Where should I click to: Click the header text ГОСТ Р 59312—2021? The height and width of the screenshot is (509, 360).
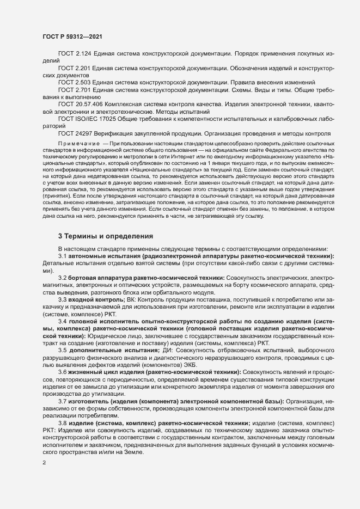coord(71,36)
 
